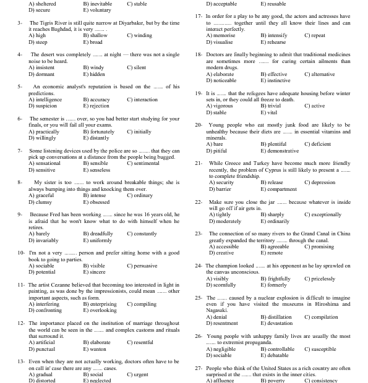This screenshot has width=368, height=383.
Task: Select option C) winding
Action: pyautogui.click(x=139, y=36)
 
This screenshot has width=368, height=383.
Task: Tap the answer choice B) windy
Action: pyautogui.click(x=93, y=67)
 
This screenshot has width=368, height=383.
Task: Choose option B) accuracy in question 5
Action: pyautogui.click(x=96, y=99)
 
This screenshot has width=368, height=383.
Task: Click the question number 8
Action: pyautogui.click(x=20, y=182)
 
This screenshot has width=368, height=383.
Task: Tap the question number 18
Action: pyautogui.click(x=198, y=54)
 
